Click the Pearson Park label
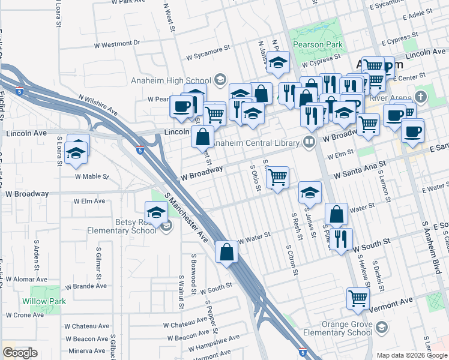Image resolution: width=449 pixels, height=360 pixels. [x=318, y=44]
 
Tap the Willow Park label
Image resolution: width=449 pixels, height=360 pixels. [x=43, y=301]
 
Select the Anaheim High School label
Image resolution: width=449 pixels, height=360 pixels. [x=170, y=81]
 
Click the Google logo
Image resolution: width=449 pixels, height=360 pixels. [x=20, y=352]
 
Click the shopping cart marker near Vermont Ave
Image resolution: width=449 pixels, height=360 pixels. [x=358, y=298]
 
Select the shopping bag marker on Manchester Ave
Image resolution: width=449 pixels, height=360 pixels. [x=227, y=252]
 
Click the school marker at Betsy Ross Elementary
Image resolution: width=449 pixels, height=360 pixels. [x=156, y=212]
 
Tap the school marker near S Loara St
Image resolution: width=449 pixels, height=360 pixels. [x=76, y=152]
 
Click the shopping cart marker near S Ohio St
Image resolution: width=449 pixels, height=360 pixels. [x=277, y=177]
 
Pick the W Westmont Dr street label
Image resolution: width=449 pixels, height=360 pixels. [x=117, y=44]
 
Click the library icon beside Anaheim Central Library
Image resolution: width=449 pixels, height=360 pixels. [x=309, y=142]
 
